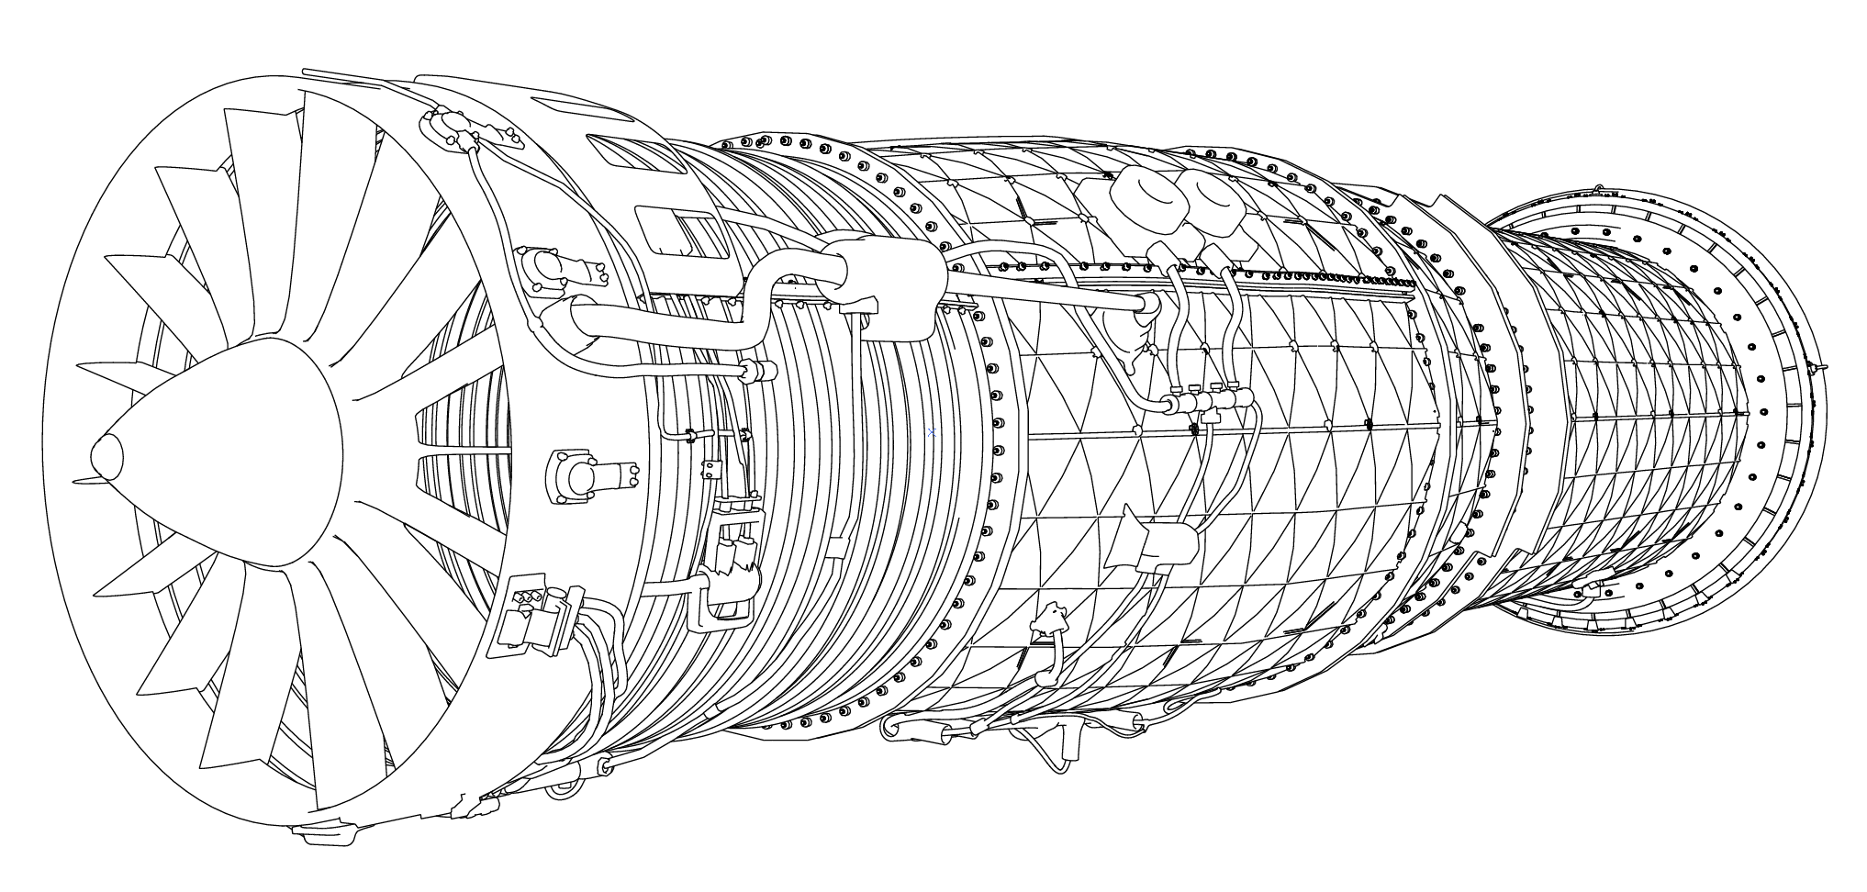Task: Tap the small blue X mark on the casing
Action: point(932,431)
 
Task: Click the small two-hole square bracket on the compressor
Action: point(710,470)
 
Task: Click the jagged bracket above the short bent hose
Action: point(1050,618)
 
